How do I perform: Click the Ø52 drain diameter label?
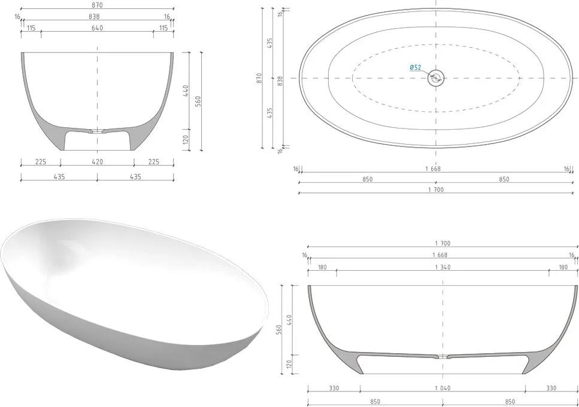pos(416,68)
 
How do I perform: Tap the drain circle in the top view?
pos(436,78)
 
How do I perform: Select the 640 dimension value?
pos(97,28)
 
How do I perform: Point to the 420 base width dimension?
pos(97,161)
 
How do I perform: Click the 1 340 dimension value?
pos(442,267)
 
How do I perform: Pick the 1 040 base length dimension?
pos(442,388)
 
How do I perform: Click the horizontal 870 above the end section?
pos(97,5)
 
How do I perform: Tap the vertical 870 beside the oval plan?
pos(259,78)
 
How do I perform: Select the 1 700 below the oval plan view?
pos(436,189)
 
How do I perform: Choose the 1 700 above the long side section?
pos(442,243)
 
